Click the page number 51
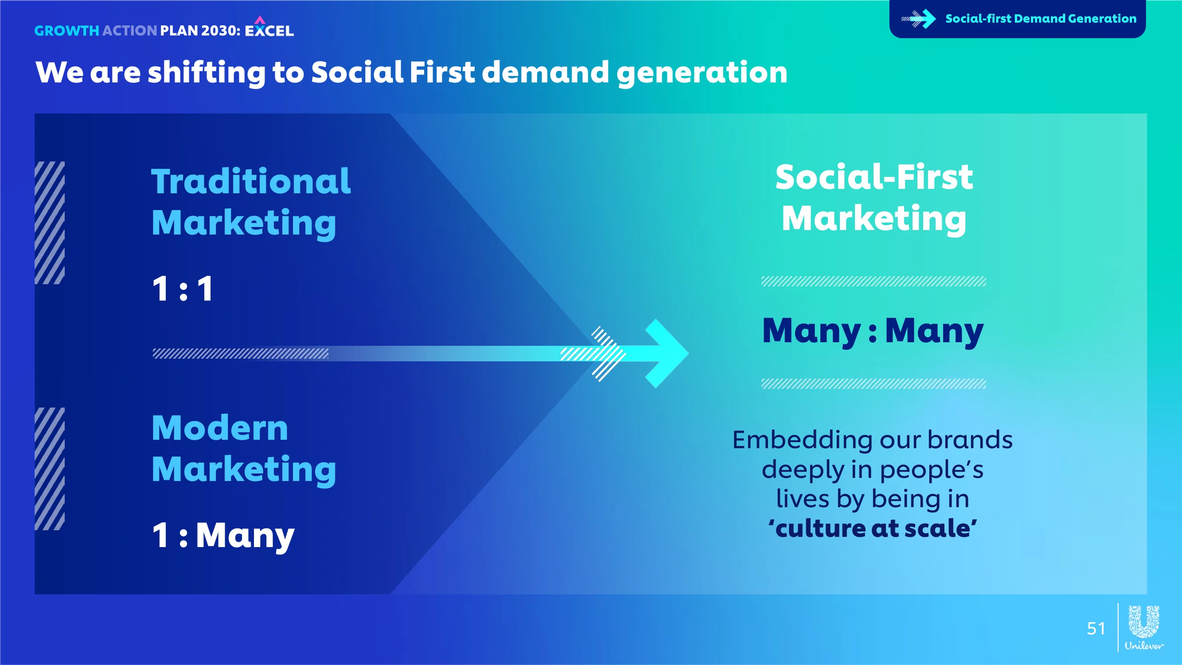point(1096,628)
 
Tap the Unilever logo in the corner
point(1144,627)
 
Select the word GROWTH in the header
point(67,31)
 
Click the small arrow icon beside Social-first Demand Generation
point(919,19)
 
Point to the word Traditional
point(251,181)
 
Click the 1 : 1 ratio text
point(183,289)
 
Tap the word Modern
point(220,428)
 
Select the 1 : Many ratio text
point(223,536)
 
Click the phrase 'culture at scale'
point(873,528)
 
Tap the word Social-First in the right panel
point(874,177)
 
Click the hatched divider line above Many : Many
point(873,282)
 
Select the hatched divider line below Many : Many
point(873,383)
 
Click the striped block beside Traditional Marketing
point(50,223)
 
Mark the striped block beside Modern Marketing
point(50,469)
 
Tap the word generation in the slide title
point(702,73)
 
